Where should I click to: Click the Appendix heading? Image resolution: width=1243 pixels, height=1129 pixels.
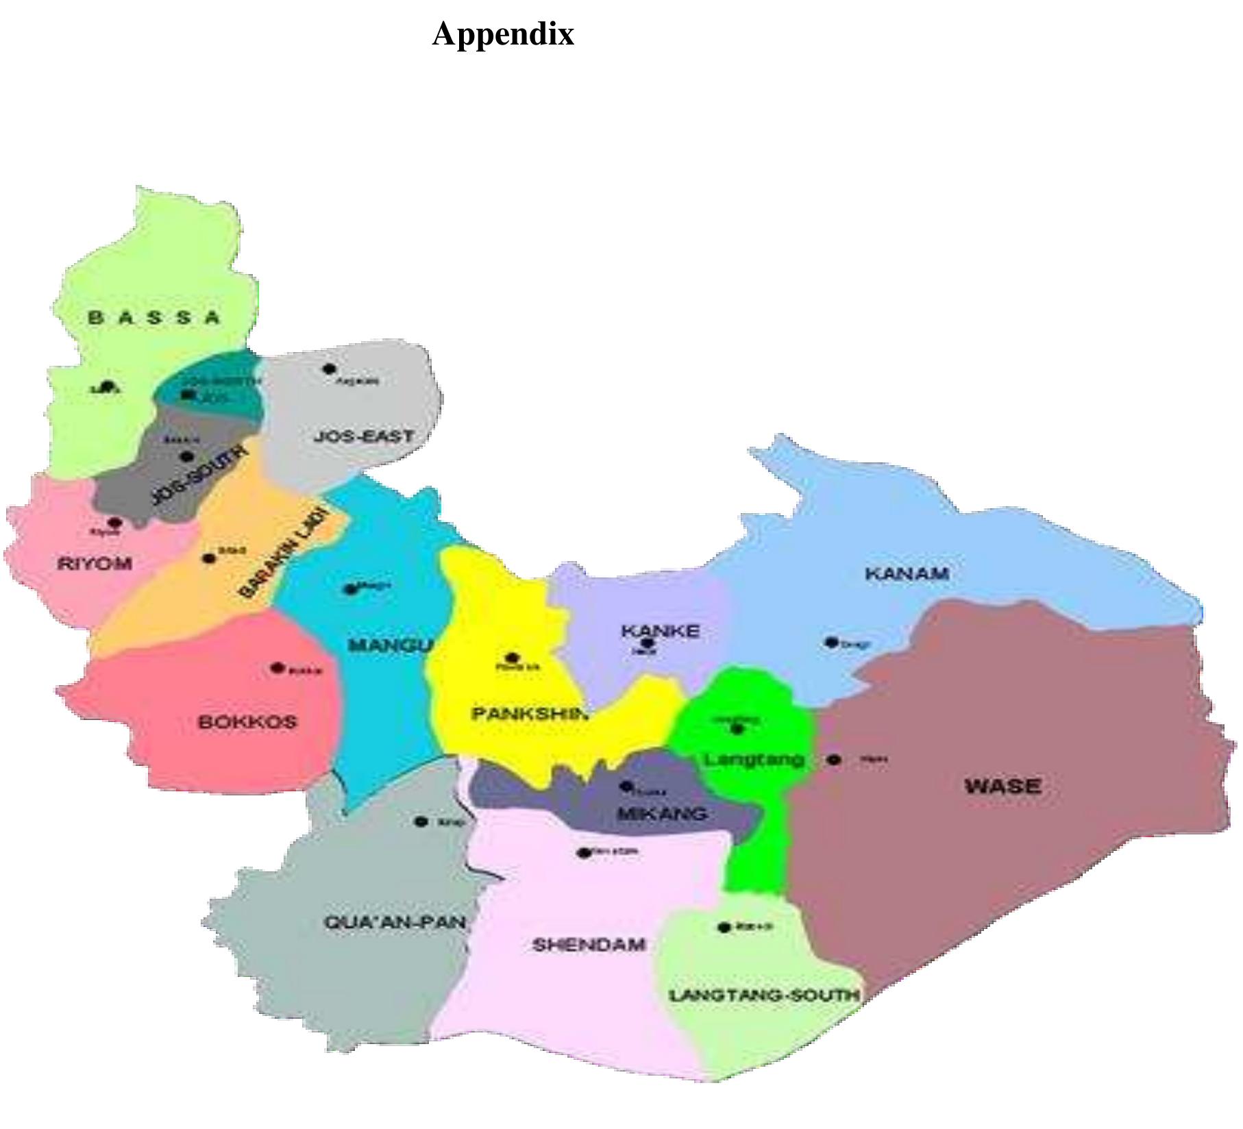(x=503, y=34)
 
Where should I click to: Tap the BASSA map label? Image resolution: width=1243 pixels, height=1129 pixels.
(x=155, y=318)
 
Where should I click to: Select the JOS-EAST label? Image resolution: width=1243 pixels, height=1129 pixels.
(x=364, y=436)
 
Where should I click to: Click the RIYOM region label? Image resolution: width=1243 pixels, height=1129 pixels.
(x=95, y=564)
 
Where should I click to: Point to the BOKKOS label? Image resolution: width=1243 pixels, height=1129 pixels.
(x=247, y=722)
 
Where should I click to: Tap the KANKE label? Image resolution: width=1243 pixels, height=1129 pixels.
(x=661, y=630)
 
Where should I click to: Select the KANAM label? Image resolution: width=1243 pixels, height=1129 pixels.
(x=907, y=573)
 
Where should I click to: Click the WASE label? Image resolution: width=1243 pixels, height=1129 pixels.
(x=1003, y=786)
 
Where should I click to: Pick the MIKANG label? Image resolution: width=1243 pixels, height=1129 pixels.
(x=662, y=814)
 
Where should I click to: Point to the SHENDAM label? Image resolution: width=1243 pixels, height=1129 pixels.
(x=589, y=945)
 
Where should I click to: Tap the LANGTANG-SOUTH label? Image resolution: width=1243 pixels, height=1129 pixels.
(x=764, y=995)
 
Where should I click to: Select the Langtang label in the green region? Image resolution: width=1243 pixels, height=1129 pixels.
(x=754, y=760)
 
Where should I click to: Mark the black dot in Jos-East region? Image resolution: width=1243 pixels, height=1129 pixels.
(x=330, y=369)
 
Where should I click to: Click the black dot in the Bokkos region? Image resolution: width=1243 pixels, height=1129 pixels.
(x=278, y=667)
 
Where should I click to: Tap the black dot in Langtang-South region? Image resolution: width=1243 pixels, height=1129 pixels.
(x=724, y=928)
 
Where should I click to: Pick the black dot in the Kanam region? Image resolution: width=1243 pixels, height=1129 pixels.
(x=831, y=642)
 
